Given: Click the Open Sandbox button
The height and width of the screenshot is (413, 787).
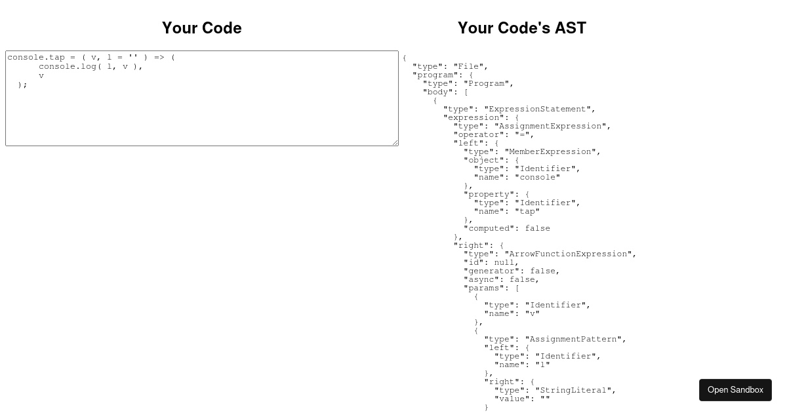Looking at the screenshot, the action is coord(735,390).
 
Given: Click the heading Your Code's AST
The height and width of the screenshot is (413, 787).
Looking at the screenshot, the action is coord(522,28).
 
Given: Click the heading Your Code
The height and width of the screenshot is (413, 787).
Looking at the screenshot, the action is coord(202,28).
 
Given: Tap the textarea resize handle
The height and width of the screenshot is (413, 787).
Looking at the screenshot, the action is coord(395,143).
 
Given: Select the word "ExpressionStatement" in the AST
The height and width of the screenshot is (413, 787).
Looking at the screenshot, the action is coord(537,109).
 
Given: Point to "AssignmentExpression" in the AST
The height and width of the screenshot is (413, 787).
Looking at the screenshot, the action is coord(550,126).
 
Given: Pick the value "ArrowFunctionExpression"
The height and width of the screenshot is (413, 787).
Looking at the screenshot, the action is coord(568,254).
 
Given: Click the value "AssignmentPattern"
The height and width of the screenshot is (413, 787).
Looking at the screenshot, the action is coord(573,340).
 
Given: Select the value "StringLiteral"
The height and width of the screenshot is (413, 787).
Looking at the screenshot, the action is coord(573,391).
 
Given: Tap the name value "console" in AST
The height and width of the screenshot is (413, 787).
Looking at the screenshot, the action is coord(538,178).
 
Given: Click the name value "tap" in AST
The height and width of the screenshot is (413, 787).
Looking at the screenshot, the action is coord(527,211).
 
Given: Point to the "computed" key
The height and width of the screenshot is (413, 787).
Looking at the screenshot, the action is coord(489,229).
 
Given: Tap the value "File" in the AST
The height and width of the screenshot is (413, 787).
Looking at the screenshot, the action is coord(468,66).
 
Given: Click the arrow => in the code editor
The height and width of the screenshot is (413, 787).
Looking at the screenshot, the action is coord(159,57).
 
